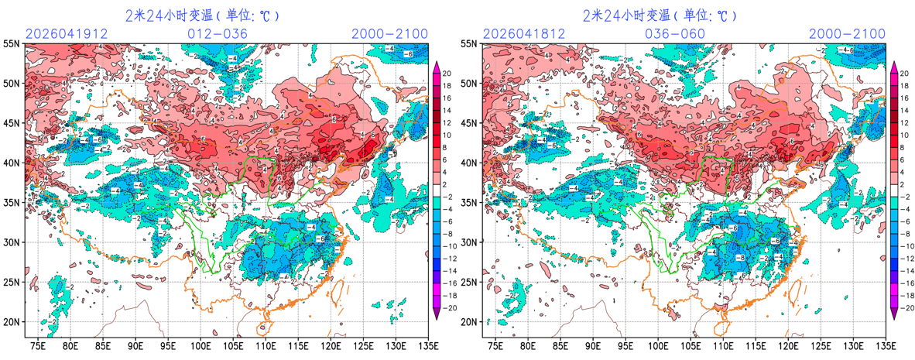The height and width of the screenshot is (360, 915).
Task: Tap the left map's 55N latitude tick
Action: [x=12, y=43]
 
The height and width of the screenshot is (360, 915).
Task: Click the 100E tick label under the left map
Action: [x=201, y=345]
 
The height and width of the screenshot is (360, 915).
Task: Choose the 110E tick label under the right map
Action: [x=724, y=345]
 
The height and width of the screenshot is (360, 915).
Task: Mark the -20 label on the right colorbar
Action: [x=905, y=307]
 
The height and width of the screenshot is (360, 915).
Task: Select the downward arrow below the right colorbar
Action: [x=894, y=314]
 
